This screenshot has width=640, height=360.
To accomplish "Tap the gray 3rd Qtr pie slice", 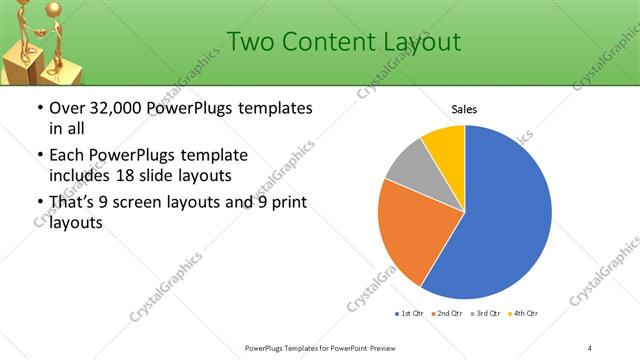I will pos(408,166).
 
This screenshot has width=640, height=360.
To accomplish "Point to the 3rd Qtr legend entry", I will pos(484,314).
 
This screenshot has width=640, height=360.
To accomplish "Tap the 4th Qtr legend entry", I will pos(523,314).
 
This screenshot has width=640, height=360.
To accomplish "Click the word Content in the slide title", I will pos(328,42).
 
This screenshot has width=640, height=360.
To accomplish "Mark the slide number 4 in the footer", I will pos(591,347).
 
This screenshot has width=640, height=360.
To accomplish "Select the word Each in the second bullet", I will pos(66,155).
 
